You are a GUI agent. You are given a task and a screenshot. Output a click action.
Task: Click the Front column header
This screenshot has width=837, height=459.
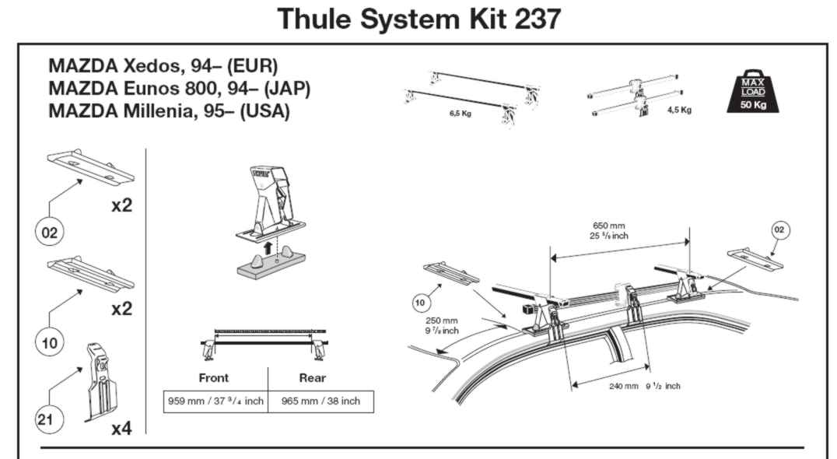point(213,378)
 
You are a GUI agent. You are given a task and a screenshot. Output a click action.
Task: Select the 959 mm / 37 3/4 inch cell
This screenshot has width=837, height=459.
point(215,401)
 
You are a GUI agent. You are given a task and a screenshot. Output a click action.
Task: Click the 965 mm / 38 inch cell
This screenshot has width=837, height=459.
point(320,401)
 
